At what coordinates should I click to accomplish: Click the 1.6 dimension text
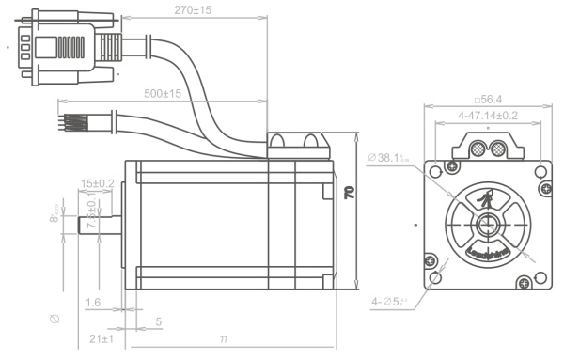point(92,303)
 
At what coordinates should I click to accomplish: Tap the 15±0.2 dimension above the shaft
point(98,182)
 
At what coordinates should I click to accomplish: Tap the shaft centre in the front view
point(486,226)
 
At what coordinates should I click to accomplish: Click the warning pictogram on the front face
point(486,199)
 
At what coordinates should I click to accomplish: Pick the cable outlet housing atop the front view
point(486,147)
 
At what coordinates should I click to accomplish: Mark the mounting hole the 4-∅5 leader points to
point(434,279)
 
